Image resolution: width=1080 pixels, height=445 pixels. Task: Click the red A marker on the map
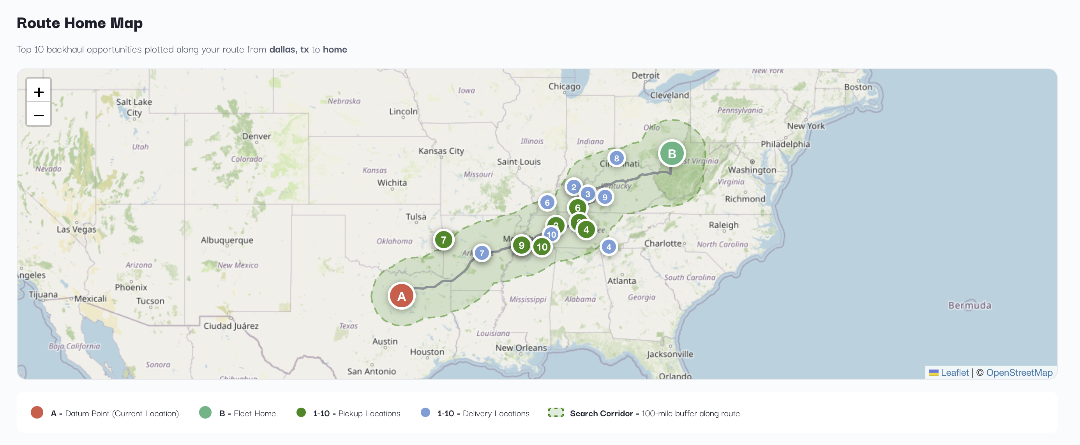(401, 296)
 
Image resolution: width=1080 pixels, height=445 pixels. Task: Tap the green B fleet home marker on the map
(671, 154)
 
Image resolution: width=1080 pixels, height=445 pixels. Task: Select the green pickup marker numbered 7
(443, 240)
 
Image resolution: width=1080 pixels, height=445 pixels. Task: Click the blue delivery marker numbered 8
(616, 158)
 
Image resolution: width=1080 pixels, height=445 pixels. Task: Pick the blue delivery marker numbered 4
(608, 247)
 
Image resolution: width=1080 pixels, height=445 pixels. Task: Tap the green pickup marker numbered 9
(521, 245)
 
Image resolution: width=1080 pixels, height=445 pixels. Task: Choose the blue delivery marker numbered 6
(547, 203)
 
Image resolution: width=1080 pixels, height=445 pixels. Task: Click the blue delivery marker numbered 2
(573, 187)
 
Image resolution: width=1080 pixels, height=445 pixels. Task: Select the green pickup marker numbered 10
(542, 247)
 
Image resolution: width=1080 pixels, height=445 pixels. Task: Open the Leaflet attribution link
(954, 373)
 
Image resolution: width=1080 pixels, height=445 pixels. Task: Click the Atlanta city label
(621, 281)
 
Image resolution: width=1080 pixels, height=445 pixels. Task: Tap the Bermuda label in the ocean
(969, 305)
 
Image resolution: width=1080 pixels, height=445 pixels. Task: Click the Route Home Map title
(79, 23)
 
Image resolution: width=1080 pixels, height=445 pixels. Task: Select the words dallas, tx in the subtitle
(289, 49)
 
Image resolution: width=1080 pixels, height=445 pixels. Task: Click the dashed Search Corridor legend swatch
(556, 413)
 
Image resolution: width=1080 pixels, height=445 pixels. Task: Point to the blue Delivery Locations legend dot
(425, 413)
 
